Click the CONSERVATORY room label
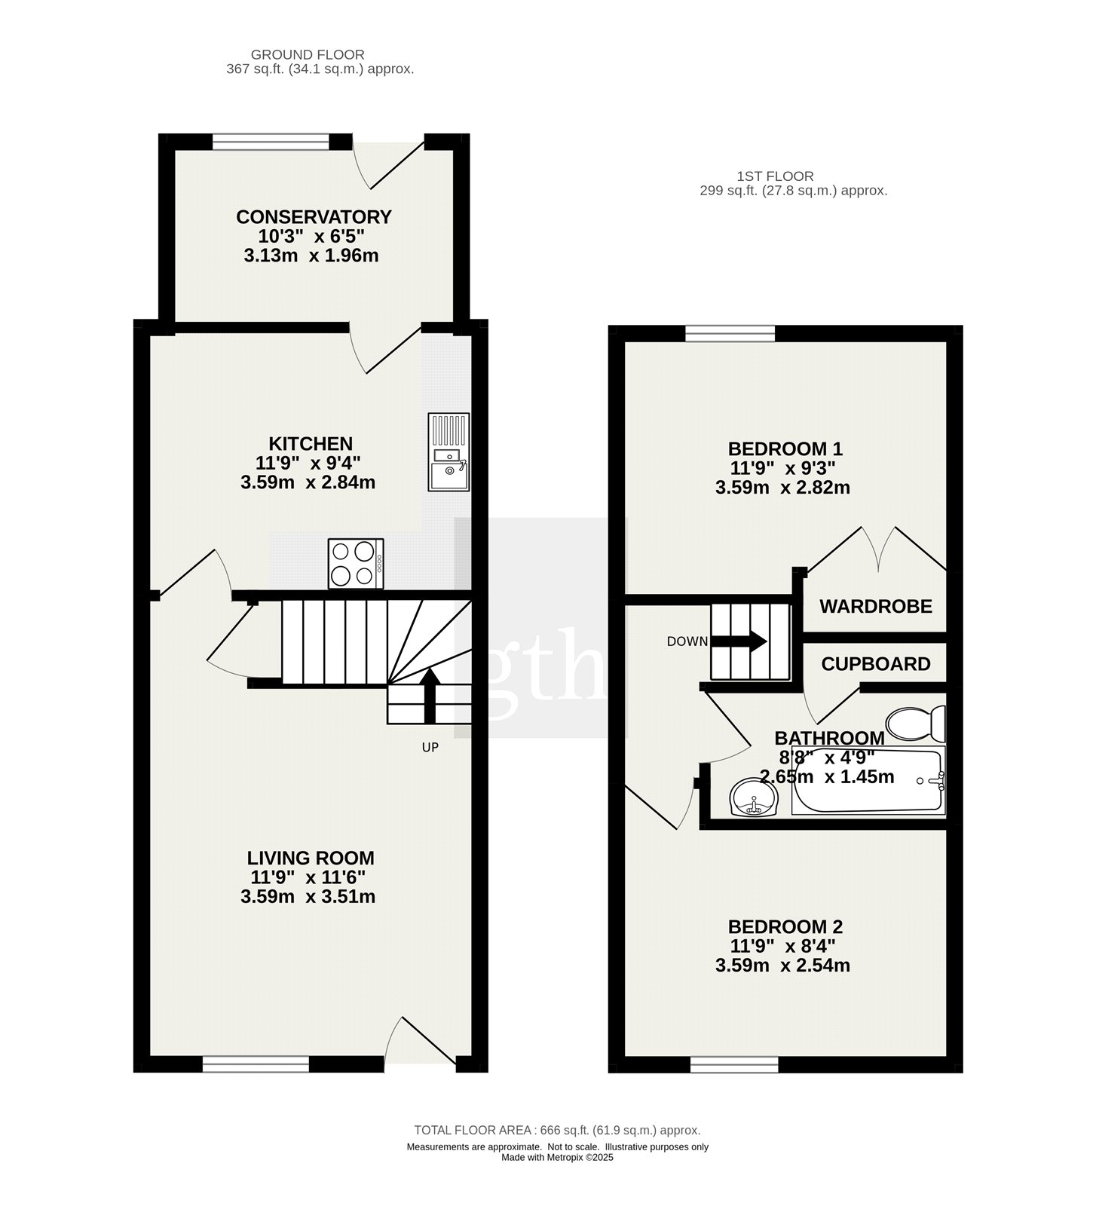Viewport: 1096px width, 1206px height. pos(314,217)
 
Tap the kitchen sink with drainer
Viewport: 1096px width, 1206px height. pos(449,451)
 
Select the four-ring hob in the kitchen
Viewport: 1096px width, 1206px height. pos(356,563)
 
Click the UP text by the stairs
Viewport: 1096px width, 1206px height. pos(430,748)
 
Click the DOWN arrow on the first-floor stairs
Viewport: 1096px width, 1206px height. pos(739,641)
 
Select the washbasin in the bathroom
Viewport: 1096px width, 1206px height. pos(753,797)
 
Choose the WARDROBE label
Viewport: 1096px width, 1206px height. pos(876,606)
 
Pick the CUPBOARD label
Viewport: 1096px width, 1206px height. pos(876,664)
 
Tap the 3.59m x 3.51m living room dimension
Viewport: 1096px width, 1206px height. pos(308,897)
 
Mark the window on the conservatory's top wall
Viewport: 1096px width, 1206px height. pos(271,142)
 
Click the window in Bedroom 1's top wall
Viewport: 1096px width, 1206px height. pos(730,333)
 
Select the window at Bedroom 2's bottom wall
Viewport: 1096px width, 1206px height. pos(735,1064)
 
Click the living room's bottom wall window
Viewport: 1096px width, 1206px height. pos(256,1064)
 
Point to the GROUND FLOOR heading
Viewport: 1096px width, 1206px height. pos(308,55)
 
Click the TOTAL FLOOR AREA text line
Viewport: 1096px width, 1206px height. pos(557,1131)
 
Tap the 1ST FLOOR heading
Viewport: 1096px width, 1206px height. pos(765,177)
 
